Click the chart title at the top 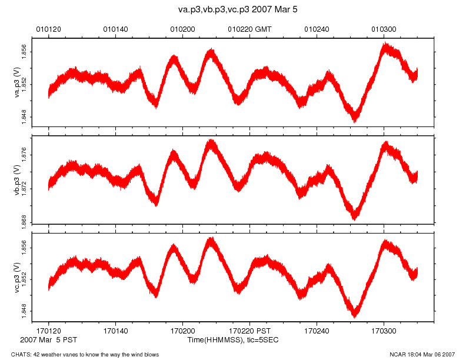point(233,10)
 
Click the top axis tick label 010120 point(48,28)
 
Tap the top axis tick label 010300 point(384,28)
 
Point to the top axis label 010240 point(317,28)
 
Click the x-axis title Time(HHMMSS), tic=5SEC point(233,340)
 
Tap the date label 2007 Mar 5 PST point(48,340)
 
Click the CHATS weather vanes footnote point(81,354)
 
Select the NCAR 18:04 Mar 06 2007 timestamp point(422,354)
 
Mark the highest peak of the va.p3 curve point(385,45)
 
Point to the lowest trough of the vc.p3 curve point(355,315)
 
